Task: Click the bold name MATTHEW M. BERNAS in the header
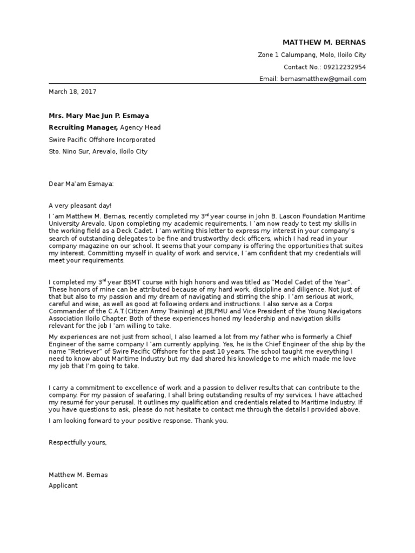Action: pos(324,43)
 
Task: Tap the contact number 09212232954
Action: pos(344,67)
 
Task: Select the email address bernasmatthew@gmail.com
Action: pos(322,79)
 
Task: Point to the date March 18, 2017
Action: pos(72,92)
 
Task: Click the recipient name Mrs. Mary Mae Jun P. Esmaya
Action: pos(99,116)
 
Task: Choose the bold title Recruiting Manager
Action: pos(83,127)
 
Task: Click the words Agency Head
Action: pos(140,127)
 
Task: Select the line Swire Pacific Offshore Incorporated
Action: pos(102,139)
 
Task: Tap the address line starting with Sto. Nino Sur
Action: pos(98,152)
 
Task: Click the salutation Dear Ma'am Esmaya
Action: pos(81,184)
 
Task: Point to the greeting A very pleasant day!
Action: pos(80,206)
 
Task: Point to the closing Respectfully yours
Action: pos(78,442)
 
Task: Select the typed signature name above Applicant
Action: pos(78,475)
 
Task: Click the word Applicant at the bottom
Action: pos(63,485)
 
